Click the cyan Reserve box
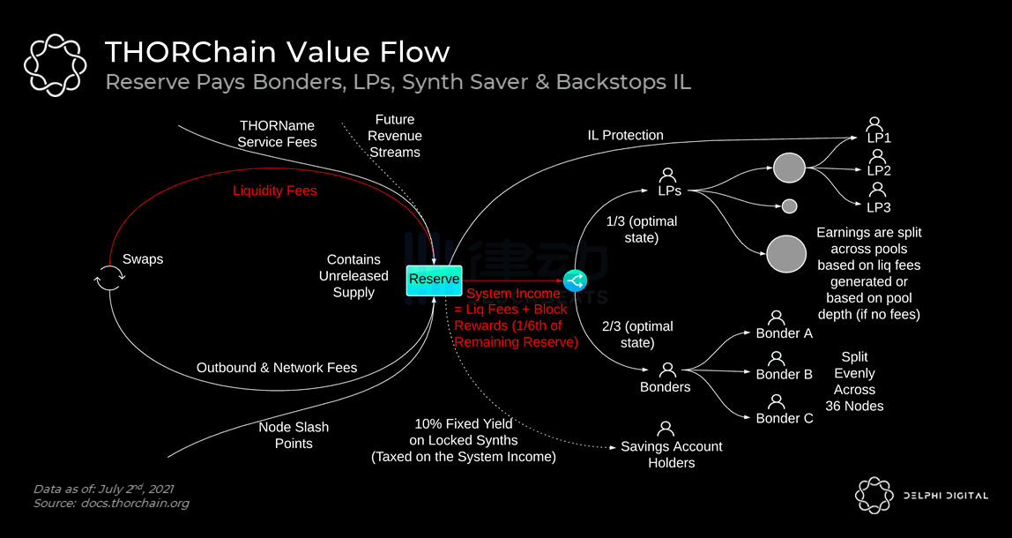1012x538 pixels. coord(434,280)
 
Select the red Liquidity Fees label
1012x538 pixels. coord(274,191)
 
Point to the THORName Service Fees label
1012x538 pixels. coord(277,134)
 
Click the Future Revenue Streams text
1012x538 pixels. coord(394,136)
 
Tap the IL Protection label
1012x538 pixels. coord(625,135)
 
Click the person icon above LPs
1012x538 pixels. coord(667,175)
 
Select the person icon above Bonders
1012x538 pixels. coord(667,370)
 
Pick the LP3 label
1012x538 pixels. coord(879,207)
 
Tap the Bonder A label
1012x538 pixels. coord(784,333)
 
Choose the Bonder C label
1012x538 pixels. coord(785,418)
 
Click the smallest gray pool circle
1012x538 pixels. coord(790,206)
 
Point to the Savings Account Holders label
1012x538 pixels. coord(671,454)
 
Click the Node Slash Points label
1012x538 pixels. coord(294,435)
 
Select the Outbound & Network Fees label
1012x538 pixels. coord(277,368)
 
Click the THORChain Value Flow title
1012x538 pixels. coord(277,52)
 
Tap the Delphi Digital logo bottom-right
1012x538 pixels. coord(921,496)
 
